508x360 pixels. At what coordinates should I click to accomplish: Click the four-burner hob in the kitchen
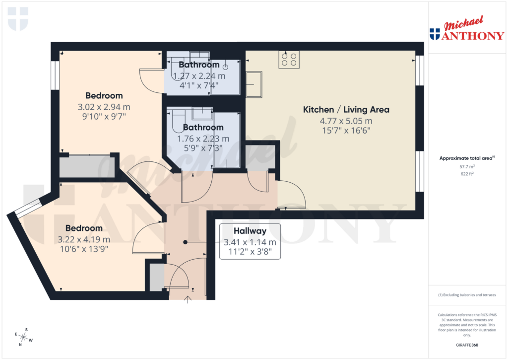(289, 60)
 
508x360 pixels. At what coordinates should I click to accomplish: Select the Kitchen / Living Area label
(346, 110)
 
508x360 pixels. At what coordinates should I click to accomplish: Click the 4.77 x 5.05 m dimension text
(346, 121)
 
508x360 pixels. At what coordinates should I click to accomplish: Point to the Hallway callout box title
(250, 231)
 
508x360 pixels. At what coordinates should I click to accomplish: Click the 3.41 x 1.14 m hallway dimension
(250, 242)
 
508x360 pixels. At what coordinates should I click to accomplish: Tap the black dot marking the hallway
(186, 242)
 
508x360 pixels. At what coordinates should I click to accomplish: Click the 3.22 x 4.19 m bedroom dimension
(84, 239)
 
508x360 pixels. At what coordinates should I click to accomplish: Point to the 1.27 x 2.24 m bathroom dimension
(198, 76)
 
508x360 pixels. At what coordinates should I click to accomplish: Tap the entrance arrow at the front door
(188, 299)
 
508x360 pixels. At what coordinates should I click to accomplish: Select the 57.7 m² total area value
(466, 168)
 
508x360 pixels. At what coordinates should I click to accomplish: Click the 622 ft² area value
(466, 174)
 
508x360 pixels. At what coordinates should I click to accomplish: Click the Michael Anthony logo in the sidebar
(466, 29)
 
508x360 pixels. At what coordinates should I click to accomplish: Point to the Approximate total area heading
(466, 158)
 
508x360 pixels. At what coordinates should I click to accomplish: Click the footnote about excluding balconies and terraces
(466, 295)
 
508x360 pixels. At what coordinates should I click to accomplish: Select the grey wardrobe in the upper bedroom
(87, 166)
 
